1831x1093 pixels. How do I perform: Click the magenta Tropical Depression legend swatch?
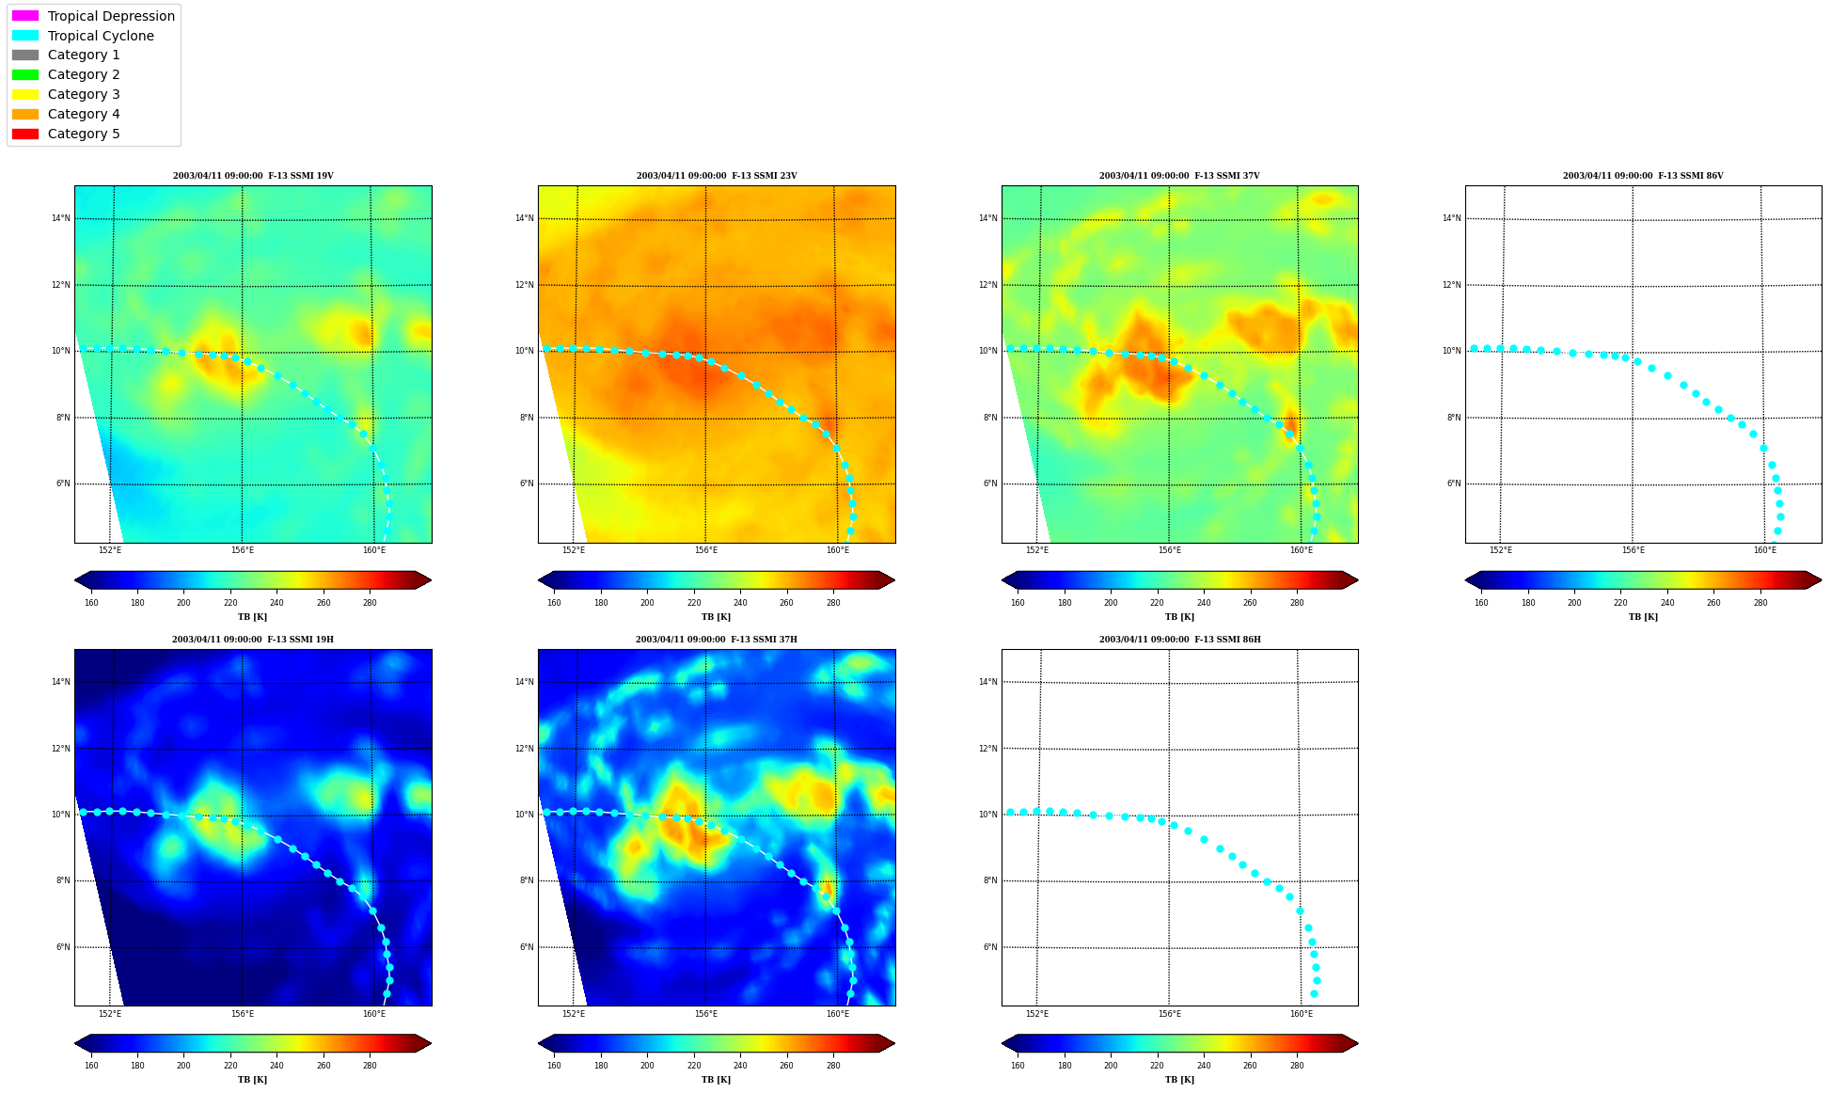pyautogui.click(x=25, y=16)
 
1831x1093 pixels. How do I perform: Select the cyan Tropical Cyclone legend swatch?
pyautogui.click(x=25, y=36)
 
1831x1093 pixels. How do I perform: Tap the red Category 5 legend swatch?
pyautogui.click(x=25, y=134)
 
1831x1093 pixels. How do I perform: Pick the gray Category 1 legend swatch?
pyautogui.click(x=25, y=55)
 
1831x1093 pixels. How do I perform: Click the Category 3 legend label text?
pyautogui.click(x=84, y=94)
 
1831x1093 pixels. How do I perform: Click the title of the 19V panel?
pyautogui.click(x=253, y=176)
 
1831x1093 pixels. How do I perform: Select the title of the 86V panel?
pyautogui.click(x=1643, y=176)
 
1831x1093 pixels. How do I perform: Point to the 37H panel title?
pyautogui.click(x=716, y=640)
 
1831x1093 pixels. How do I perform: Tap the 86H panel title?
pyautogui.click(x=1179, y=640)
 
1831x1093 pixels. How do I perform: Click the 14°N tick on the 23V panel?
pyautogui.click(x=524, y=218)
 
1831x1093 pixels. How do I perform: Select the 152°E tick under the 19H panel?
pyautogui.click(x=110, y=1014)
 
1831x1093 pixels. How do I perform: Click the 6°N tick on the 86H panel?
pyautogui.click(x=990, y=947)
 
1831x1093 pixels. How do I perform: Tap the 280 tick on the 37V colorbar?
pyautogui.click(x=1296, y=603)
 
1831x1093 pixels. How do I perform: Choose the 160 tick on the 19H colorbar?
pyautogui.click(x=91, y=1066)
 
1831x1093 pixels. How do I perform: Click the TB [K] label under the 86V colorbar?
pyautogui.click(x=1643, y=617)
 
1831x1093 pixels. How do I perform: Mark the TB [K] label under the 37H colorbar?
pyautogui.click(x=716, y=1080)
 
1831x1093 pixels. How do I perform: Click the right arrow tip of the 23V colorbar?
pyautogui.click(x=894, y=580)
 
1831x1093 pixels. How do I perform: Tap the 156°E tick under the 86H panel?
pyautogui.click(x=1169, y=1014)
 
